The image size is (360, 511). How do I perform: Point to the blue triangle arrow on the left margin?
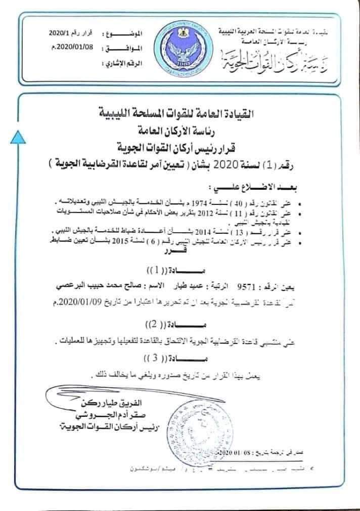17,135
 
